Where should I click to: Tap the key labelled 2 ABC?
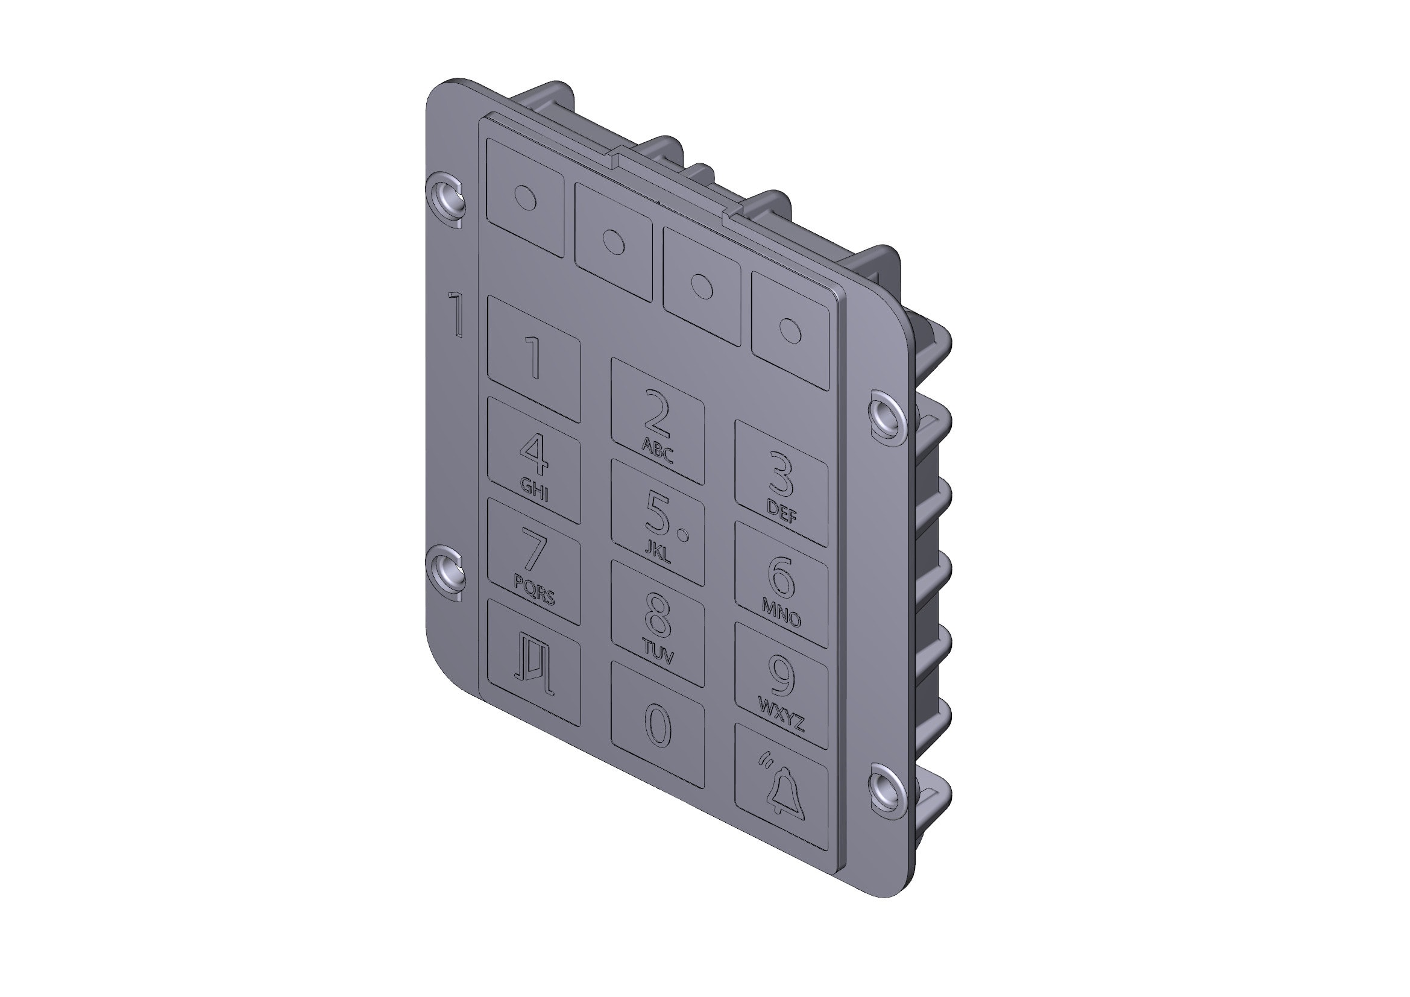(x=657, y=422)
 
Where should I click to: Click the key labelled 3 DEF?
(x=781, y=483)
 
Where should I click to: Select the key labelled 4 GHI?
(x=533, y=461)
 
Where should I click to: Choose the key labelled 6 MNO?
(x=781, y=585)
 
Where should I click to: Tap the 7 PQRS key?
(x=533, y=561)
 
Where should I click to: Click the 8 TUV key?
(x=657, y=624)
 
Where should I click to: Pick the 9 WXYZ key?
(x=781, y=686)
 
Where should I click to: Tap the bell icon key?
(x=781, y=788)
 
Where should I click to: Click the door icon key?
(x=533, y=662)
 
